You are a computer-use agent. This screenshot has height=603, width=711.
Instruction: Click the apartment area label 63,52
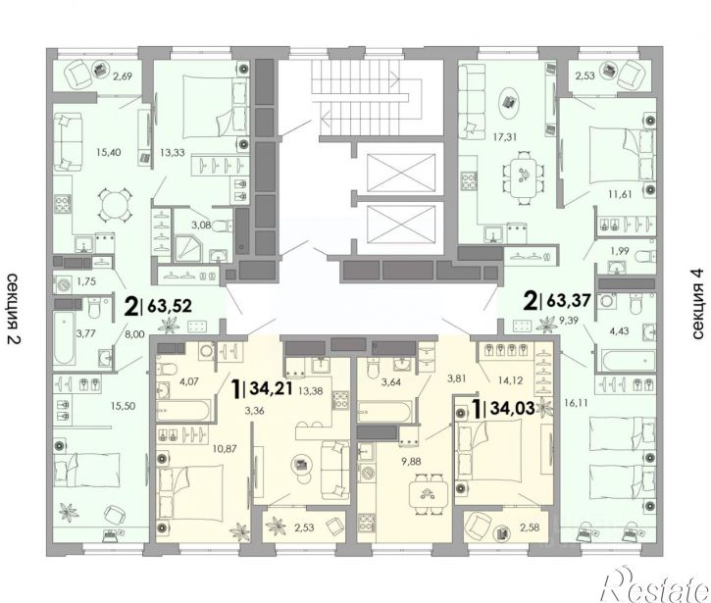[x=170, y=306]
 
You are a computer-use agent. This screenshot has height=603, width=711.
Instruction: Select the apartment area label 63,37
[x=569, y=300]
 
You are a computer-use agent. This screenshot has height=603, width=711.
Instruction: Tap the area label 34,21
[x=271, y=388]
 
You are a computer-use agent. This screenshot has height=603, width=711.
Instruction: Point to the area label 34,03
[x=513, y=409]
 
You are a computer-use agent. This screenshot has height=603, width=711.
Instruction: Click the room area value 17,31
[x=505, y=136]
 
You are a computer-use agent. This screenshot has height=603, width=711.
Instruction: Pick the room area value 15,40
[x=109, y=152]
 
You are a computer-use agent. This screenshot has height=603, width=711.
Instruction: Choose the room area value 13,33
[x=173, y=153]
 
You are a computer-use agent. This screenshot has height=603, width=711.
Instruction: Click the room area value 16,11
[x=577, y=402]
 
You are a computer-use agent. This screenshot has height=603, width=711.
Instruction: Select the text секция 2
[x=14, y=309]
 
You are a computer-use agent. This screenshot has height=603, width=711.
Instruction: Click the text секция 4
[x=698, y=304]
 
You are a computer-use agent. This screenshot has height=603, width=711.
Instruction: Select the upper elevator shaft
[x=401, y=174]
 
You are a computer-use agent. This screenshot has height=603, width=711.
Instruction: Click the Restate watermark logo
[x=655, y=584]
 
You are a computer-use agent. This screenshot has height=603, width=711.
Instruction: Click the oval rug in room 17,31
[x=509, y=103]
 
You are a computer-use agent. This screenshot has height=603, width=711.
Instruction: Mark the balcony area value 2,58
[x=530, y=528]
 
